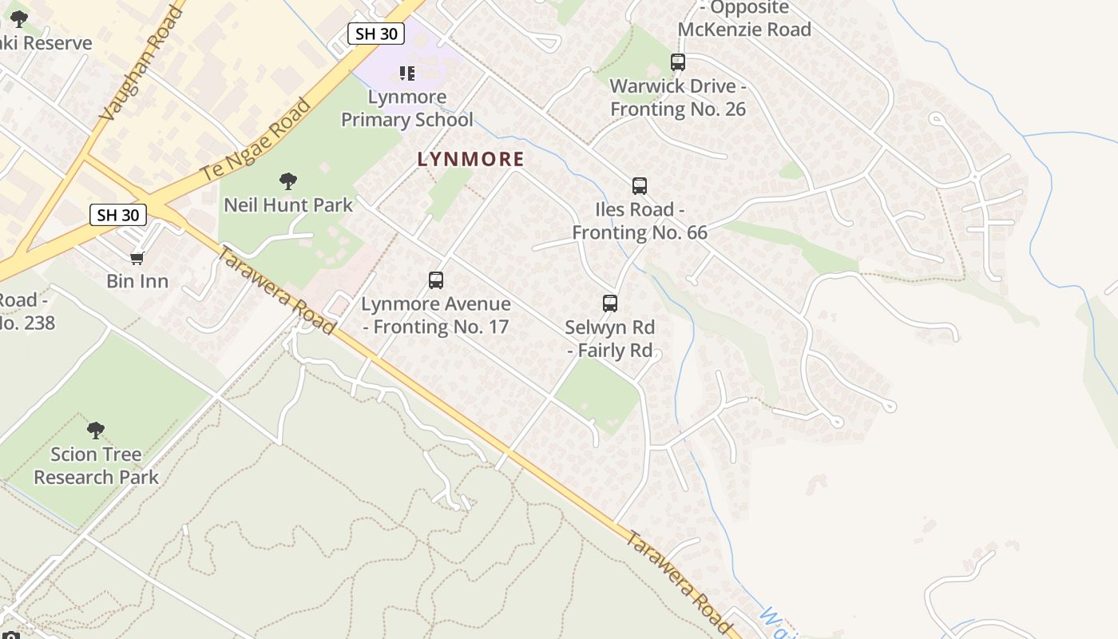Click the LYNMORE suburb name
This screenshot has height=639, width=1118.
point(470,159)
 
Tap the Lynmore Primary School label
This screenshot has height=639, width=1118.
point(407,109)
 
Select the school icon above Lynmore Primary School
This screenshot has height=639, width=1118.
point(407,73)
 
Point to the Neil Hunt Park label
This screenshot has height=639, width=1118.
point(288,205)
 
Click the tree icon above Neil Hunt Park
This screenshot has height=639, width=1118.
point(288,181)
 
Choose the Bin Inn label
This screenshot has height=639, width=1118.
point(137,281)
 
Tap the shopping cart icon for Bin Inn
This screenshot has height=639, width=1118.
point(137,257)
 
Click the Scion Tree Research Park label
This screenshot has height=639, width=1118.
point(96,466)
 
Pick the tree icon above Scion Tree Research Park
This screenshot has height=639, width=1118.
point(96,431)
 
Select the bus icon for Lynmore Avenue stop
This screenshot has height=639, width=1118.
point(436,280)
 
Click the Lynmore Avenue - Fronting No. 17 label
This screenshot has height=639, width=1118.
point(436,316)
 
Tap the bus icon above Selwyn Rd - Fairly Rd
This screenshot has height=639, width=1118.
point(610,304)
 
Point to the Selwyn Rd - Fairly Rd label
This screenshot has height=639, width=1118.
point(610,339)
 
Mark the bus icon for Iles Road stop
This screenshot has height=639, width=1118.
point(640,186)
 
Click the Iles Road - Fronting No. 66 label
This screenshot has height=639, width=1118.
point(640,221)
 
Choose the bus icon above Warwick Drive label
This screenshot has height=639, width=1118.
point(678,62)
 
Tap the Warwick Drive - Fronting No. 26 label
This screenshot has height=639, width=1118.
point(678,97)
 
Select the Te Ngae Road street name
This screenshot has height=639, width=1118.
point(256,140)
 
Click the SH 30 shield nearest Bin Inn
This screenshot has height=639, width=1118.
point(118,215)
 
